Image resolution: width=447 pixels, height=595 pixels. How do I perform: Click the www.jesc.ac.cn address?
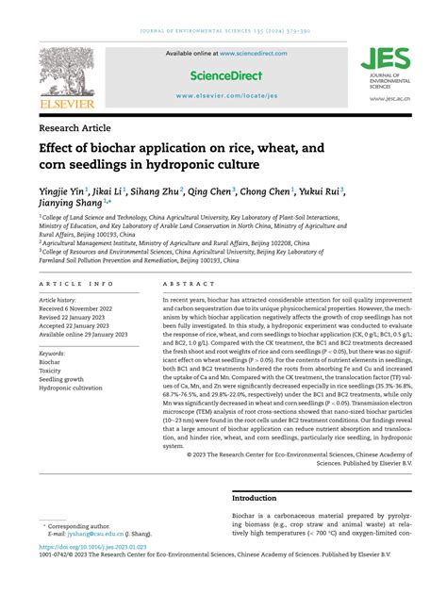click(389, 98)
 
